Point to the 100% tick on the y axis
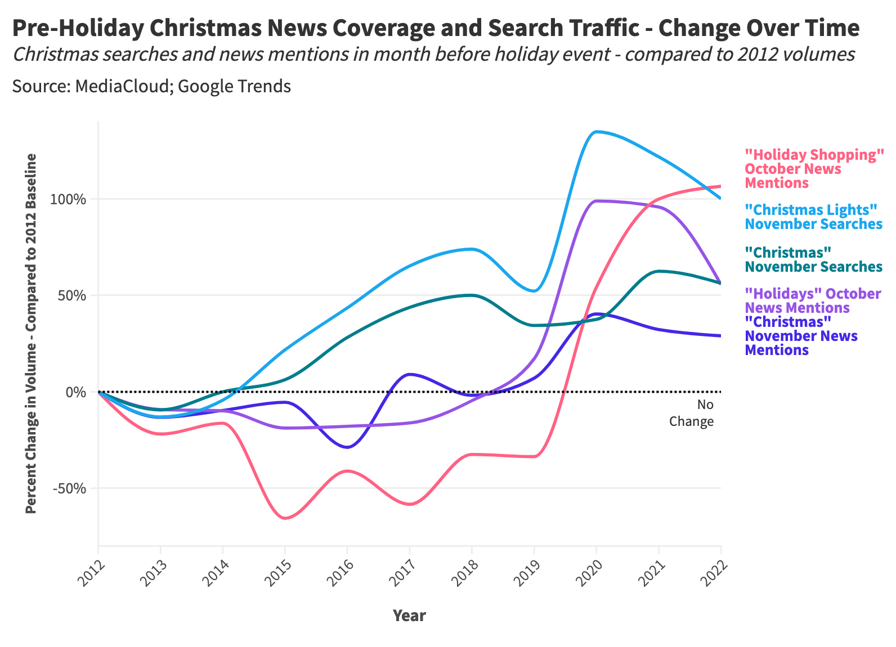70,199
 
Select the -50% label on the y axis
72,488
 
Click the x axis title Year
409,615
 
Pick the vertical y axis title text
32,333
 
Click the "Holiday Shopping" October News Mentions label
814,169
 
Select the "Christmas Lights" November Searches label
813,217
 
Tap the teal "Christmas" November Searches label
813,259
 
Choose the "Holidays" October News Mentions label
812,301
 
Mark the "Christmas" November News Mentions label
801,336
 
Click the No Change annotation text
692,413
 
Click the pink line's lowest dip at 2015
285,518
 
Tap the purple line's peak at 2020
597,201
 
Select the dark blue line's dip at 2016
348,447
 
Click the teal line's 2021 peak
660,271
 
